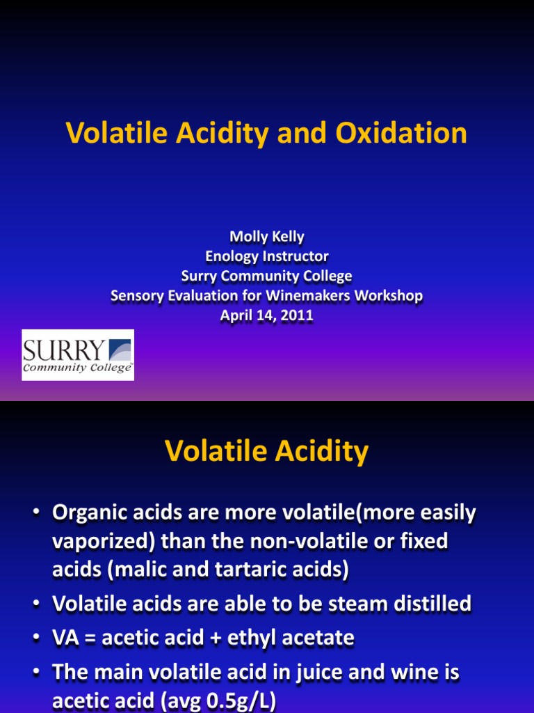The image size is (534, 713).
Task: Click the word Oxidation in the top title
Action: (x=401, y=134)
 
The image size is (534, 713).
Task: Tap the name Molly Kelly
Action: (x=267, y=237)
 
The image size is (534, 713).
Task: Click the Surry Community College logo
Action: (x=78, y=355)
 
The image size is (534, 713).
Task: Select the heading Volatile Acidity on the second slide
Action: (x=267, y=453)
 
